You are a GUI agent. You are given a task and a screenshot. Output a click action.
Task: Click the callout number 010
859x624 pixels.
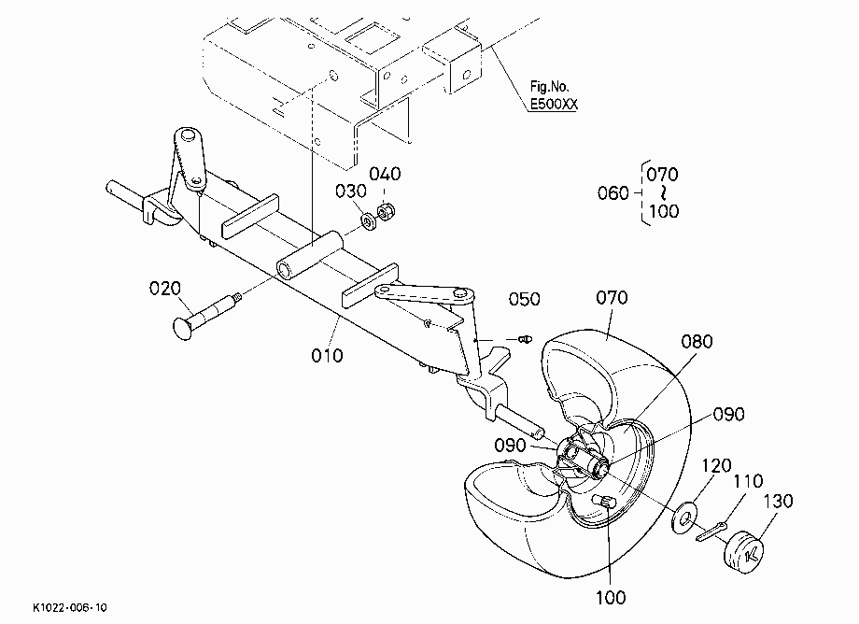[x=327, y=356]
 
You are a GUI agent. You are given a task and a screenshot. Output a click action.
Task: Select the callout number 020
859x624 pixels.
[x=165, y=288]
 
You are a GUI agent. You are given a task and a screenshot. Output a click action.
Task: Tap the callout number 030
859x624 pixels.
[x=351, y=191]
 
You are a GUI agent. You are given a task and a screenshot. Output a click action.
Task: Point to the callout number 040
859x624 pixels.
[x=385, y=175]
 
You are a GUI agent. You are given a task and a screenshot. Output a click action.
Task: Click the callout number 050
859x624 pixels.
[x=525, y=299]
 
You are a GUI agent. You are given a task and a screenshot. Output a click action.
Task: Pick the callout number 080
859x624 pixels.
[x=697, y=342]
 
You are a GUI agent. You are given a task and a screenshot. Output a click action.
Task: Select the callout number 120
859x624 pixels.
[x=716, y=466]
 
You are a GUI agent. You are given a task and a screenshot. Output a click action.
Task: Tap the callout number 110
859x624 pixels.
[x=748, y=481]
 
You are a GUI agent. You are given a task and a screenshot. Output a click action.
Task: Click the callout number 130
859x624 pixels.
[x=778, y=501]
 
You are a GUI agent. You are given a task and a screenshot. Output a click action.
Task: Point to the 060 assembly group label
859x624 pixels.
[x=613, y=192]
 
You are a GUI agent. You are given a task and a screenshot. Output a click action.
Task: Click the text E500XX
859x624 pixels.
[x=554, y=104]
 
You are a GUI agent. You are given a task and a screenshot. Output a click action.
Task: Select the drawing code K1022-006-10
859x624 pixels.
[x=70, y=607]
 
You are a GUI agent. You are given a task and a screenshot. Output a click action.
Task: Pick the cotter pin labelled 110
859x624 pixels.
[x=711, y=532]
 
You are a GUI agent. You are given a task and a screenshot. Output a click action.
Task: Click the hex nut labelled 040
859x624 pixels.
[x=387, y=211]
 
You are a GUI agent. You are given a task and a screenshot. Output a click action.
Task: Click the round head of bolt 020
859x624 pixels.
[x=182, y=328]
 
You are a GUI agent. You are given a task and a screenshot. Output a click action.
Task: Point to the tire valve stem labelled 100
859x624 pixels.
[x=605, y=502]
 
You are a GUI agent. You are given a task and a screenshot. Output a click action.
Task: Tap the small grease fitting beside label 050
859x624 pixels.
[x=525, y=339]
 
